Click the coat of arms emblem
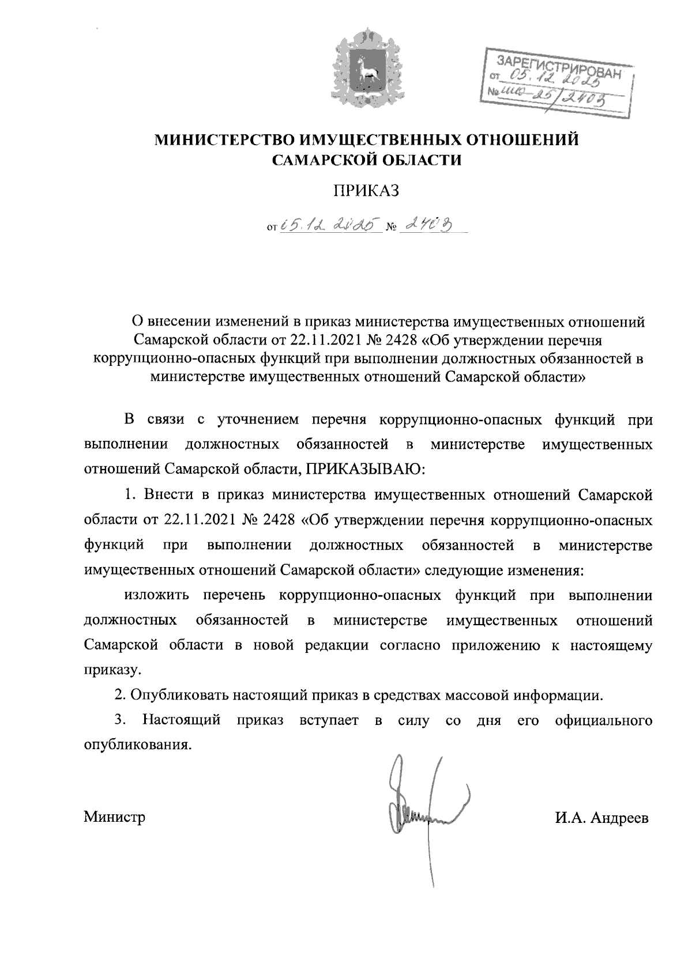tap(367, 69)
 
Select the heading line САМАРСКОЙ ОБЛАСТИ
tap(367, 160)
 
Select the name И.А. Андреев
tap(602, 818)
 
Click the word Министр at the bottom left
tap(114, 817)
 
